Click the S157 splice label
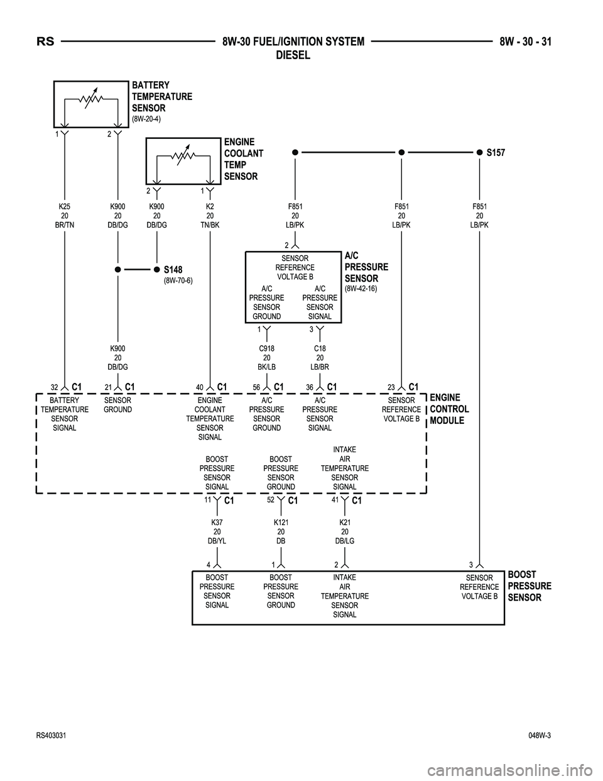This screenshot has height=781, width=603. [495, 153]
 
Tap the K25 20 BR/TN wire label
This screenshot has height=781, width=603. [65, 216]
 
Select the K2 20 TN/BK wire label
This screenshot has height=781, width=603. [210, 216]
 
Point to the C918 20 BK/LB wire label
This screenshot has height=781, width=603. [266, 357]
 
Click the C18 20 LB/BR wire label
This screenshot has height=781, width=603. [320, 357]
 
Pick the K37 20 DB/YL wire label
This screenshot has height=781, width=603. [217, 531]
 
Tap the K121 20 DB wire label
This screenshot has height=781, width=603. [281, 531]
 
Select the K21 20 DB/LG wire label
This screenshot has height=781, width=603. [345, 531]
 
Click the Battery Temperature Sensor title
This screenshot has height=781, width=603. [161, 97]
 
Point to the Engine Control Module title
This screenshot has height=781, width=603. [449, 409]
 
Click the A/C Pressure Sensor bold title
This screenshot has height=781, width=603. [366, 267]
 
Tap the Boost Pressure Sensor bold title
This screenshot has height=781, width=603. [529, 586]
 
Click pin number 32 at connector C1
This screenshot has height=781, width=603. [55, 387]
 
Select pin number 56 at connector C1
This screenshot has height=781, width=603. [256, 387]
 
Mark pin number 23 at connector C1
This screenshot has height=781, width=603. [391, 387]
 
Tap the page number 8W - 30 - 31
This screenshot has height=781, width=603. [530, 42]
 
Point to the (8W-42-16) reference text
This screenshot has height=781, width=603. [361, 289]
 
